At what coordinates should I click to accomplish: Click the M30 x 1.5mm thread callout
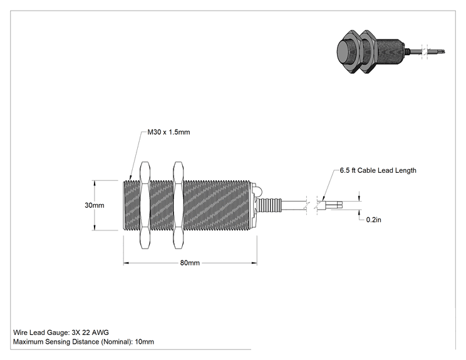click(168, 132)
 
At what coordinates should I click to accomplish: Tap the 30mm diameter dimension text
click(94, 205)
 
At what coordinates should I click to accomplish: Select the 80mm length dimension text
click(190, 263)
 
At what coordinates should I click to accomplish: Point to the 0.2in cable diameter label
click(373, 220)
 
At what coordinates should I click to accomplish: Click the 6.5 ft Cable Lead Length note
click(378, 170)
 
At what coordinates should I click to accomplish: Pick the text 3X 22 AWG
click(90, 332)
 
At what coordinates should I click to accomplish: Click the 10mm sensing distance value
click(145, 342)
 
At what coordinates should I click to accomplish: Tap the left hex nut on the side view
click(145, 205)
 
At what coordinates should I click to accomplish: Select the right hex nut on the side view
click(179, 205)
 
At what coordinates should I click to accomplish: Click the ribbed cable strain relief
click(269, 205)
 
